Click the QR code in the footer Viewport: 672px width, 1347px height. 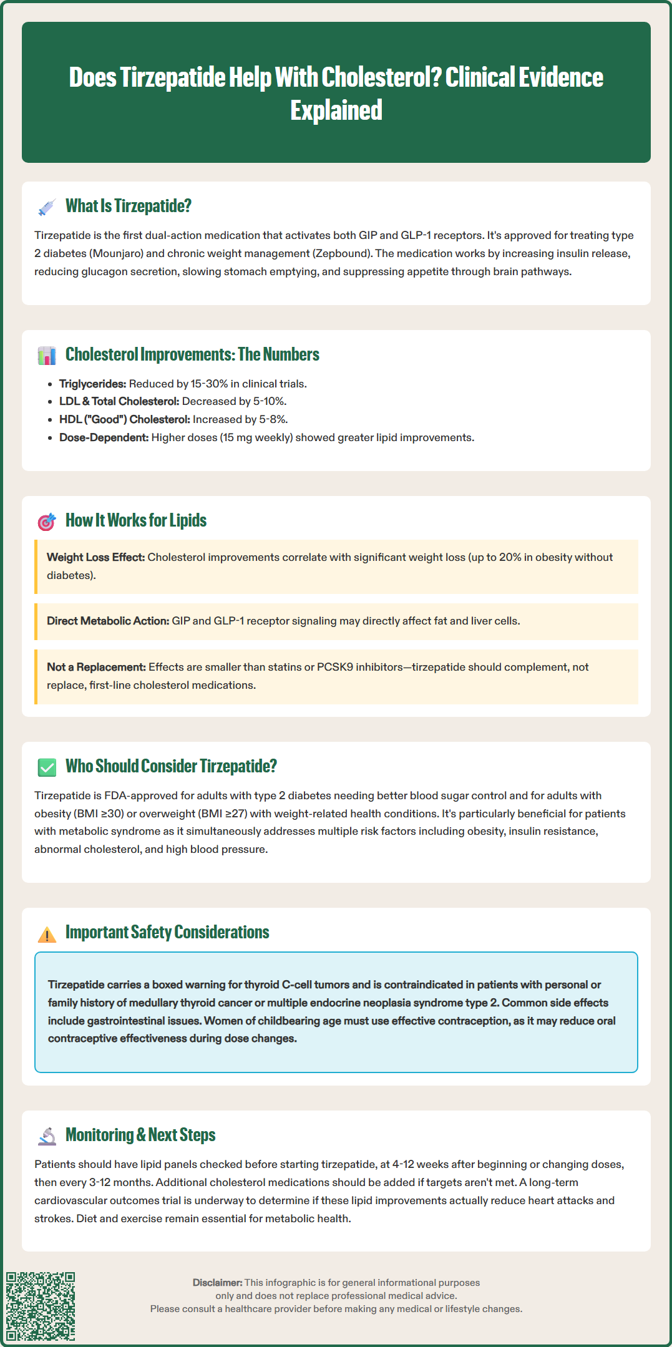41,1306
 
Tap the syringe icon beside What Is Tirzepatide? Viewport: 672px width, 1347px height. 47,207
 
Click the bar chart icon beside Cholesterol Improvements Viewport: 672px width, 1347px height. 47,356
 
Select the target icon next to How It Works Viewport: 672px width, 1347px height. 47,522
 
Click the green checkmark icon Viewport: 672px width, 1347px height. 47,767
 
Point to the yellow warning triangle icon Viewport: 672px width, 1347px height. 47,934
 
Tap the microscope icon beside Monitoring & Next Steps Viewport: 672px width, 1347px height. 47,1136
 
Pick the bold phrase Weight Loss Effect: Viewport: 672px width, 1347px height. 95,557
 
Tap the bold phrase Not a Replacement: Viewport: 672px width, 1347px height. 96,667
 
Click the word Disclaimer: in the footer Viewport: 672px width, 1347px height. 217,1282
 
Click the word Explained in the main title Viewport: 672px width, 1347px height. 336,110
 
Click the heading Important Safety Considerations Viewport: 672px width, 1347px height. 167,932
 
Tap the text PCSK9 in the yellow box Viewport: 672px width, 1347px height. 334,667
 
